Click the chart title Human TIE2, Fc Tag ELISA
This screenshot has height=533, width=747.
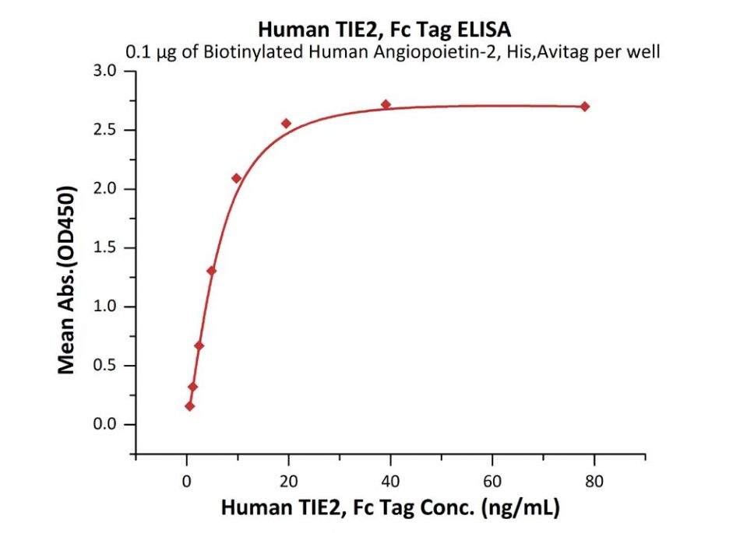pos(385,30)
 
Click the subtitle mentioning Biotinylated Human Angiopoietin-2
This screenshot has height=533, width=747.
pos(393,52)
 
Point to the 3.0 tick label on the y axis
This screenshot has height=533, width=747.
pos(104,72)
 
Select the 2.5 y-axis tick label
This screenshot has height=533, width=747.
pos(104,130)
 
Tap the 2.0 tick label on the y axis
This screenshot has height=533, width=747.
pos(104,189)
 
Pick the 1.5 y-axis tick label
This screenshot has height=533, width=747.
pos(104,248)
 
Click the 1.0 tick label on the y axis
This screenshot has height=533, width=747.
pos(104,307)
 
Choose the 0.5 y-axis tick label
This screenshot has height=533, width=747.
pos(104,366)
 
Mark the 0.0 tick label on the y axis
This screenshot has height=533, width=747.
pos(104,425)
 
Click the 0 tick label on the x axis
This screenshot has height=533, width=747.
pos(186,480)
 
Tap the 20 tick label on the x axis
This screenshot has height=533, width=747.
pos(288,480)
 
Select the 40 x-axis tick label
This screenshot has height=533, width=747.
pos(389,480)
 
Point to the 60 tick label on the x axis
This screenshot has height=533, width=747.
pos(492,480)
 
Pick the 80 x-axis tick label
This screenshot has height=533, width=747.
pos(594,480)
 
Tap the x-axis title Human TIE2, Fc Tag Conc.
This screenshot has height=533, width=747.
pos(390,508)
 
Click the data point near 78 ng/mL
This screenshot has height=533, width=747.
pos(584,107)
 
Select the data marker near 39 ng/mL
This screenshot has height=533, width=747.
pos(386,104)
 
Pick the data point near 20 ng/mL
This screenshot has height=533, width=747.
pos(286,123)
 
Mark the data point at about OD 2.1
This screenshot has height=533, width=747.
pos(236,178)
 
